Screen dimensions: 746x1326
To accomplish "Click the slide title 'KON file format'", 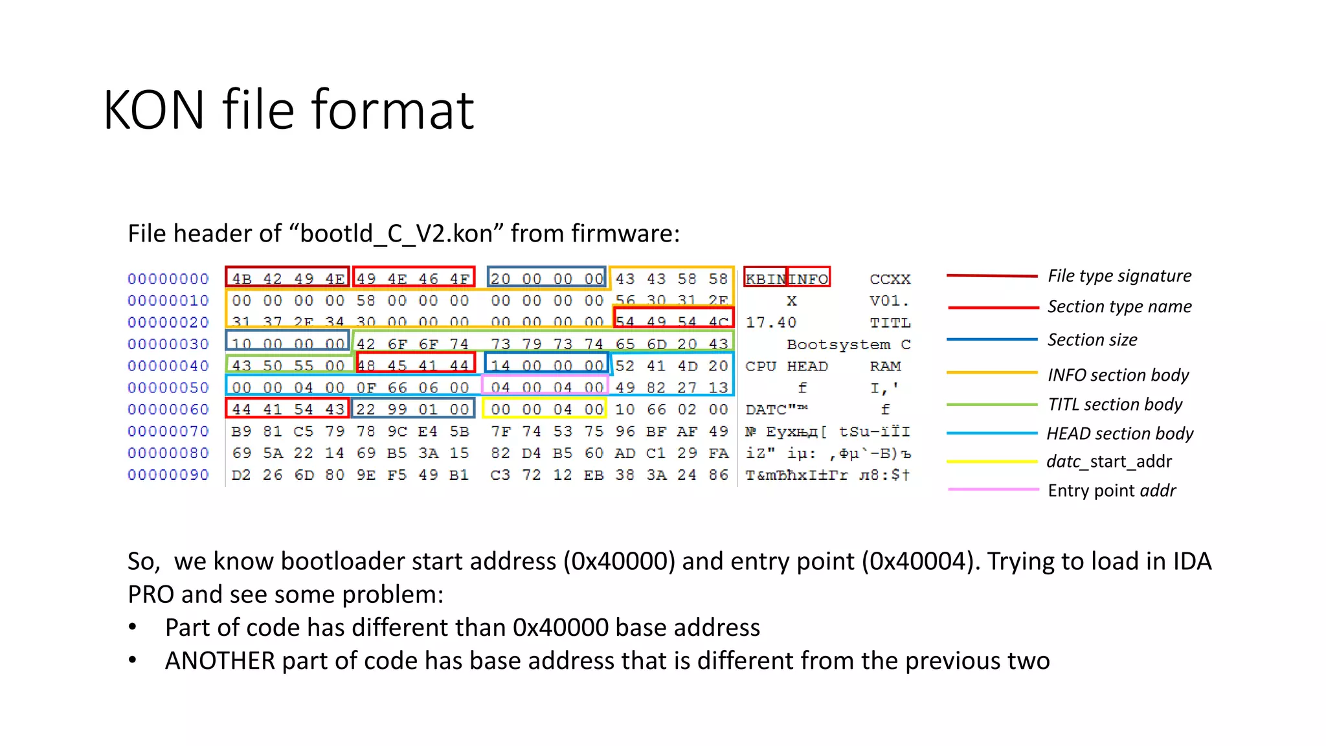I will click(x=289, y=110).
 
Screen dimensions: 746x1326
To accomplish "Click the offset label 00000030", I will click(x=168, y=345).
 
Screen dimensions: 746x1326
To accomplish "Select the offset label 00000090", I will click(x=168, y=475).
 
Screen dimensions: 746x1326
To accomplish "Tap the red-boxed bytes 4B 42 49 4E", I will click(x=287, y=278).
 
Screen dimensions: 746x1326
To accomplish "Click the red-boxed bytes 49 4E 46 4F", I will click(x=414, y=278).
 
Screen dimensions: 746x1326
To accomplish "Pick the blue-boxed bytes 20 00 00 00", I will click(x=546, y=278).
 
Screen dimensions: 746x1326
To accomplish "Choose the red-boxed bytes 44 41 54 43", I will click(x=287, y=409).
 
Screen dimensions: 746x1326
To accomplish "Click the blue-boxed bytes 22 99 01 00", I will click(x=413, y=409).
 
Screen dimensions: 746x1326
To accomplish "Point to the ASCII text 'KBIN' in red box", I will click(x=765, y=279).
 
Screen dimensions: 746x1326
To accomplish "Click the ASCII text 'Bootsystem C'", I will click(x=848, y=345).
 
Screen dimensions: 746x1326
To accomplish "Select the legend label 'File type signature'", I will click(x=1119, y=276).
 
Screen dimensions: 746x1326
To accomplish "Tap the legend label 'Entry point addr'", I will click(x=1112, y=491).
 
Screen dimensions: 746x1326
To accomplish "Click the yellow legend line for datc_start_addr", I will click(x=992, y=462).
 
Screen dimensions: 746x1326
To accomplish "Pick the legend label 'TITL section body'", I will click(x=1115, y=405).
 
